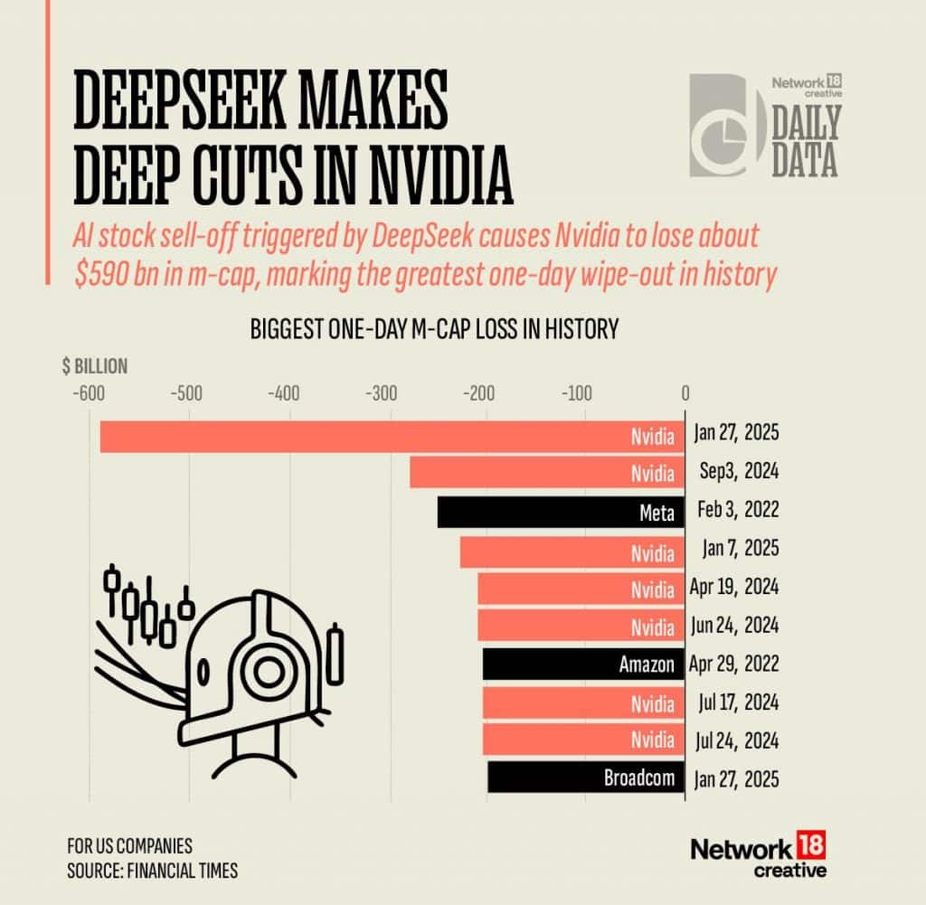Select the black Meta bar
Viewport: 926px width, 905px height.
561,513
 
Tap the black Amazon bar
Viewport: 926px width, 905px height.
583,665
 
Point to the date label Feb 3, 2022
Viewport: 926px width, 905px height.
736,513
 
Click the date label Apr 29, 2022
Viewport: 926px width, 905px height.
734,665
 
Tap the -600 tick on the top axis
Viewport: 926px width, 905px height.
87,393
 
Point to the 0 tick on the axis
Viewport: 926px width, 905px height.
685,393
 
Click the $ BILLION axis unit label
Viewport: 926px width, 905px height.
95,367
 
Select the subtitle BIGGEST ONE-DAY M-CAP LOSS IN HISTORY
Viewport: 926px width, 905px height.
434,329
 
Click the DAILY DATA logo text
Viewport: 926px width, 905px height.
805,141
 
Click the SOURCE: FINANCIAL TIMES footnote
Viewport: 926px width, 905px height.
153,870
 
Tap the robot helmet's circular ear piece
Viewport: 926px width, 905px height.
268,670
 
